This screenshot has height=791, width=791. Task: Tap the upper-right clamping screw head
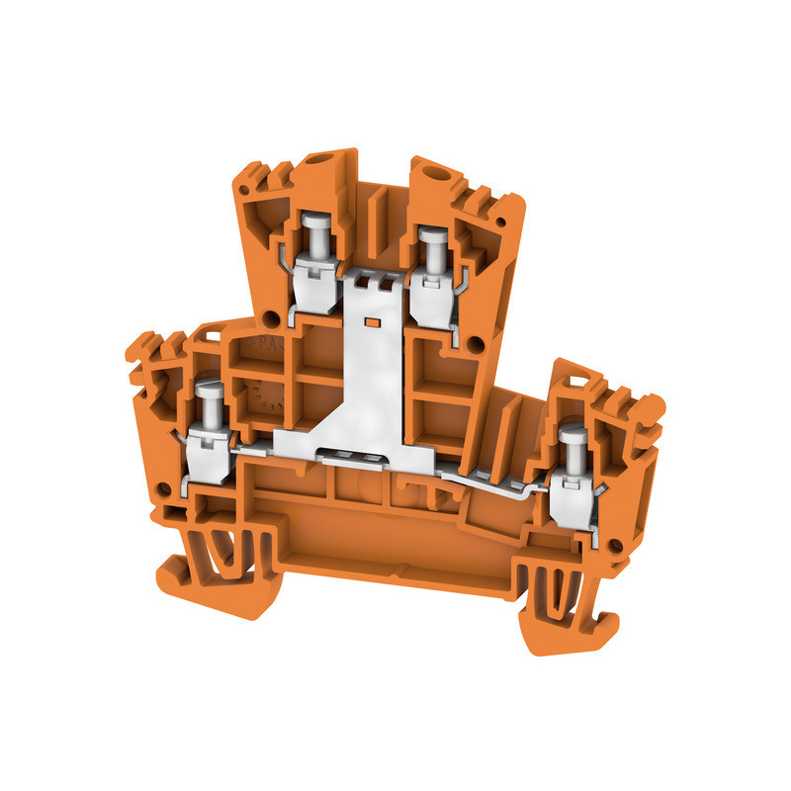(x=429, y=236)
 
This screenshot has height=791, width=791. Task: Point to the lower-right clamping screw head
(x=571, y=434)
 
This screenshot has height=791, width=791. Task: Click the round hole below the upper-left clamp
(x=267, y=318)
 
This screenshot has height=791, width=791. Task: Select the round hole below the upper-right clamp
(x=475, y=344)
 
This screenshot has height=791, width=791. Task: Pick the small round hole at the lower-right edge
(x=617, y=543)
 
